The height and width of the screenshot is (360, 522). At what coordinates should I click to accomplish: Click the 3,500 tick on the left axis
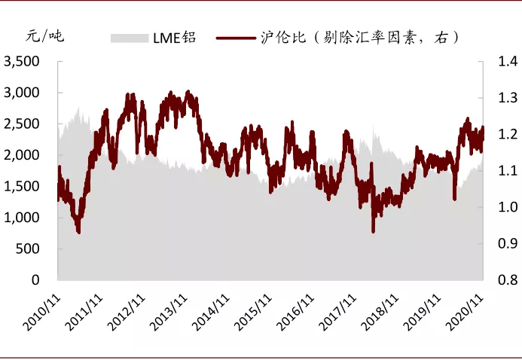pos(24,62)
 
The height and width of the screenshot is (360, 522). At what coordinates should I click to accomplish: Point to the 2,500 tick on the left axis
pos(24,124)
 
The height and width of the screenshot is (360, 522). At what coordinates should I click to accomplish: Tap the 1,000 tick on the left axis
pos(24,218)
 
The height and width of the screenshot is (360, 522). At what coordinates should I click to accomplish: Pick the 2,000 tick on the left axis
pos(24,155)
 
